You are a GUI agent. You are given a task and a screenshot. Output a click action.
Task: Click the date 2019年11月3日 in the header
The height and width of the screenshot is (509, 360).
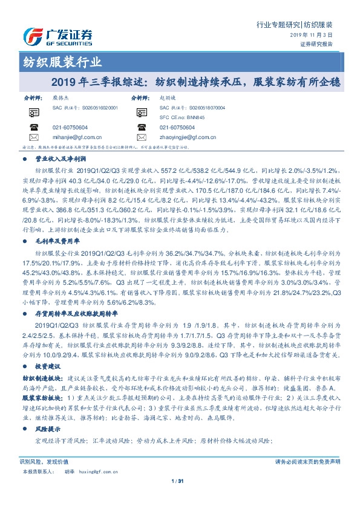(x=316, y=36)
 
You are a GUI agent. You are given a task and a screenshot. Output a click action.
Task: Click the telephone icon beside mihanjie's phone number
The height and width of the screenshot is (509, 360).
(x=34, y=128)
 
